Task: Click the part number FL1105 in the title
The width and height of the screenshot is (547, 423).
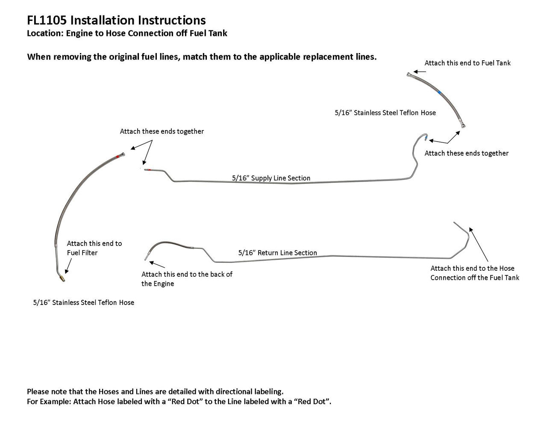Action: [x=46, y=20]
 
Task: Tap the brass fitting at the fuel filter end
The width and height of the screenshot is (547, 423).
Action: [x=62, y=278]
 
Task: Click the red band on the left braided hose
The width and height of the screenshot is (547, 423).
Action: [x=118, y=157]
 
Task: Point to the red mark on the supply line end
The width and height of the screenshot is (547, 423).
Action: [x=148, y=170]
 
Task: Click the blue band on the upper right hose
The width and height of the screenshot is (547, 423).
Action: [x=440, y=92]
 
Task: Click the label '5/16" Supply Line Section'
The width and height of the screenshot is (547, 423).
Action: [x=271, y=178]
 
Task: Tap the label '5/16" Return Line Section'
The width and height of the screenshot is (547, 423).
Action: [x=277, y=253]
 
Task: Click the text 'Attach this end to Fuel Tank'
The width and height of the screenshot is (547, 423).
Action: [x=468, y=63]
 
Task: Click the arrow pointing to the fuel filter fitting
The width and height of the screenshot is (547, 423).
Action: [x=68, y=267]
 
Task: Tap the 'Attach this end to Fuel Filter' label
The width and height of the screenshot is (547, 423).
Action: [x=94, y=248]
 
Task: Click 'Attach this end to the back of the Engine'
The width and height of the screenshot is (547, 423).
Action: [x=187, y=279]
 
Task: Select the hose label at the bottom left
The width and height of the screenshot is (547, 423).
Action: [x=84, y=302]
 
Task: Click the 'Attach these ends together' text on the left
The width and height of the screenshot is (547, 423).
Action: [x=162, y=131]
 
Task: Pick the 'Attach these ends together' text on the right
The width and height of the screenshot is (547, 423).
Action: [x=466, y=153]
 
